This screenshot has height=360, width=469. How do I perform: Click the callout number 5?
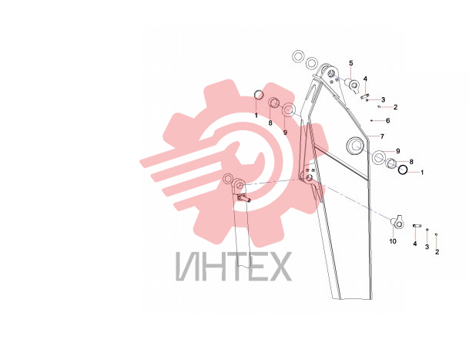351,63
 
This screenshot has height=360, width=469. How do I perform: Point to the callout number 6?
388,121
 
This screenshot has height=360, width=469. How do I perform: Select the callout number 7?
382,136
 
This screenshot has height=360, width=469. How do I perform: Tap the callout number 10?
393,241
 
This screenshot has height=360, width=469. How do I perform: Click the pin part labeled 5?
353,83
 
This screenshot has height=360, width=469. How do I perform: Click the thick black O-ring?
403,170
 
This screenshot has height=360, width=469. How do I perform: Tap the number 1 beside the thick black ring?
422,173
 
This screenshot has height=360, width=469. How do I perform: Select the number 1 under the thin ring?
256,116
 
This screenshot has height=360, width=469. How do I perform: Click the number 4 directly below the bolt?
415,244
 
